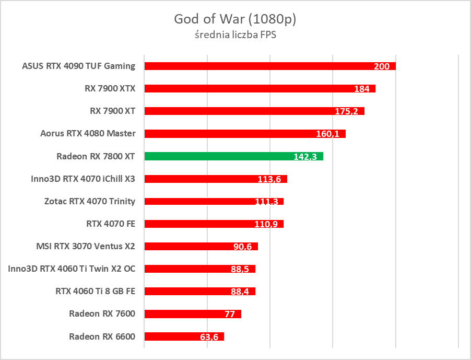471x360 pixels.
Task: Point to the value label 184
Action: (361, 89)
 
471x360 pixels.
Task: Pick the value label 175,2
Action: (349, 111)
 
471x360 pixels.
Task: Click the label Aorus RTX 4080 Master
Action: (88, 133)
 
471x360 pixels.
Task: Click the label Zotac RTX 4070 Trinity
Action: (90, 201)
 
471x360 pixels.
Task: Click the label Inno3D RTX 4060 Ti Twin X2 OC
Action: (72, 269)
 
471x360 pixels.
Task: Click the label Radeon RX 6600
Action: (102, 336)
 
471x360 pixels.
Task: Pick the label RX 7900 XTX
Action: (110, 88)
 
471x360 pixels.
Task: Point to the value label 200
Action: (382, 66)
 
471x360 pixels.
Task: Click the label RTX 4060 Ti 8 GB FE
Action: (95, 291)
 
